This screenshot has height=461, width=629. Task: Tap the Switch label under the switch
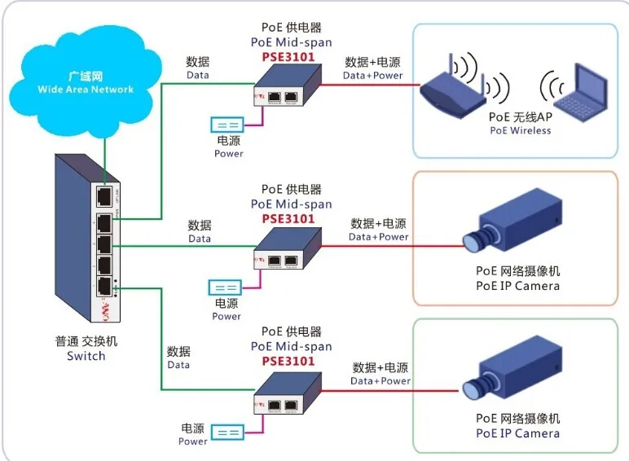point(86,356)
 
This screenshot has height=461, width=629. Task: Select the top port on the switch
point(103,196)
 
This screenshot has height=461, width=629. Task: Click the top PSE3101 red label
point(288,57)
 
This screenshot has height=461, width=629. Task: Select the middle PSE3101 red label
point(288,218)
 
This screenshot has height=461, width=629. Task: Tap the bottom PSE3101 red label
point(288,361)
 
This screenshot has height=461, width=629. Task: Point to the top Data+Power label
point(372,75)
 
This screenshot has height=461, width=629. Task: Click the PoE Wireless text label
point(521,130)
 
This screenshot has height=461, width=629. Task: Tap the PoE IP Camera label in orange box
point(517,286)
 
